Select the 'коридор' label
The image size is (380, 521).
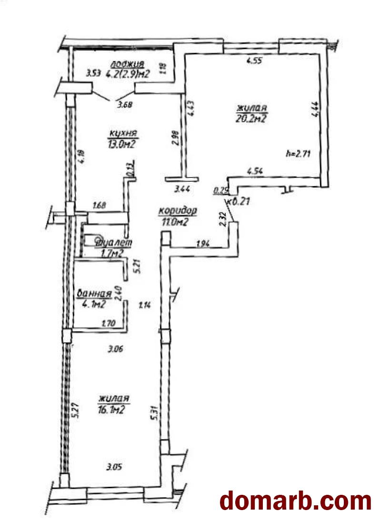click(x=178, y=211)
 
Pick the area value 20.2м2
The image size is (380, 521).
click(x=250, y=118)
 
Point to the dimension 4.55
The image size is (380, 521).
click(x=253, y=61)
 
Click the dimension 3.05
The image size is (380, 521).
click(x=114, y=467)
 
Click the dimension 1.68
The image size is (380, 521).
click(x=100, y=206)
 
